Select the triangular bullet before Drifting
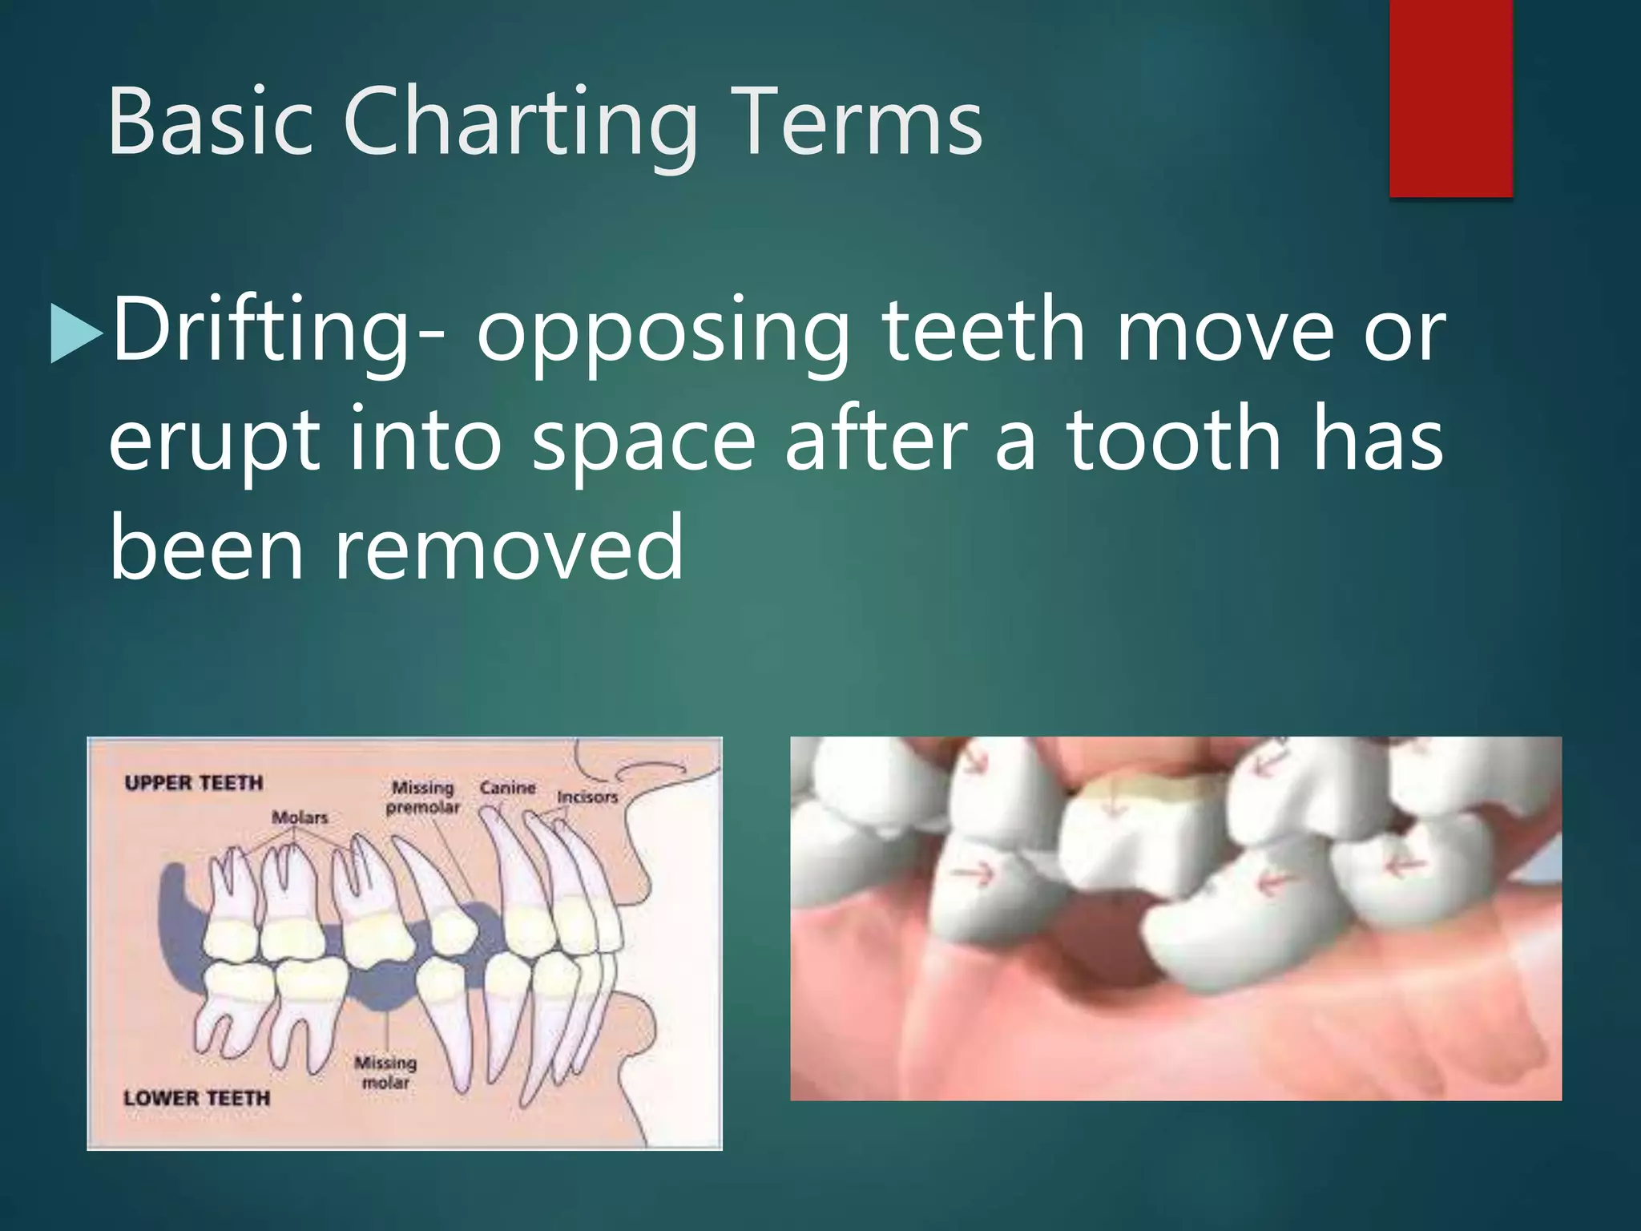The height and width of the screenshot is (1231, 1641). point(75,333)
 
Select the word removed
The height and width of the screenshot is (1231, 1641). point(508,548)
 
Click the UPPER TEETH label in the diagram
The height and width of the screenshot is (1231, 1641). point(194,783)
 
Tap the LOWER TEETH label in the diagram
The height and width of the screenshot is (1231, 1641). point(197,1098)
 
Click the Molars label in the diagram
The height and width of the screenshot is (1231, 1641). point(300,817)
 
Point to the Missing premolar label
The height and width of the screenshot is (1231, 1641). point(423,797)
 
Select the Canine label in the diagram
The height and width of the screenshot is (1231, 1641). point(507,788)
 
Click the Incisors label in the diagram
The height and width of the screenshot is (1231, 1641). point(587,797)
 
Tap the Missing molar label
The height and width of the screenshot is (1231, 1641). point(385,1072)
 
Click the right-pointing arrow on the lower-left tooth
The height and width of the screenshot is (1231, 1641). point(976,873)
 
